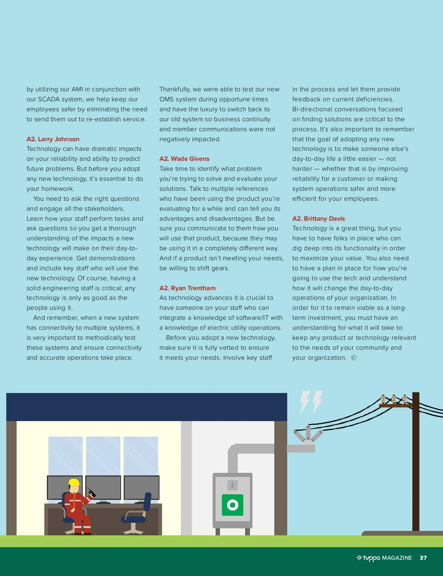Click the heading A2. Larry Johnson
[x=53, y=139]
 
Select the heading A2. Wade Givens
[x=184, y=159]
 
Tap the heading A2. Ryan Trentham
[x=187, y=288]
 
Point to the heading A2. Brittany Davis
[x=318, y=218]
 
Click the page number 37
[x=423, y=558]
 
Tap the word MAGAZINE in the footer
[x=397, y=558]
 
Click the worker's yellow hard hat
[x=74, y=482]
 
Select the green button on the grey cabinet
[x=233, y=505]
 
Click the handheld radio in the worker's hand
[x=91, y=492]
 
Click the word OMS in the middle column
[x=166, y=99]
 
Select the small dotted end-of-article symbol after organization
[x=354, y=358]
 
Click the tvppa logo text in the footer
[x=371, y=558]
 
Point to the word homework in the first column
[x=55, y=189]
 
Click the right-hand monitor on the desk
[x=142, y=488]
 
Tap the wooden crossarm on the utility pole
[x=395, y=406]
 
